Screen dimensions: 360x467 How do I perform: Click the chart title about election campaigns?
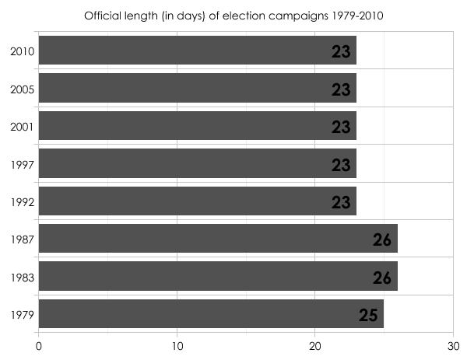pyautogui.click(x=233, y=16)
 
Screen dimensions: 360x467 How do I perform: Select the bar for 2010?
pyautogui.click(x=197, y=51)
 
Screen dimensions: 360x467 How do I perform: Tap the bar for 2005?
pyautogui.click(x=197, y=88)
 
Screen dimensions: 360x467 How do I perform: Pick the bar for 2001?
pyautogui.click(x=197, y=125)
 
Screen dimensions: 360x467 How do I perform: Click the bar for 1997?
pyautogui.click(x=197, y=163)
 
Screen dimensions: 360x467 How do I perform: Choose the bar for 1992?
pyautogui.click(x=197, y=201)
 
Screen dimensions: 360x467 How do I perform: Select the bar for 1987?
pyautogui.click(x=218, y=239)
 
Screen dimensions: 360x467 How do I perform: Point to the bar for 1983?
pyautogui.click(x=218, y=276)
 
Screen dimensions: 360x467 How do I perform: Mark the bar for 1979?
pyautogui.click(x=211, y=313)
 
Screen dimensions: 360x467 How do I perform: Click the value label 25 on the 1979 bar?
pyautogui.click(x=368, y=315)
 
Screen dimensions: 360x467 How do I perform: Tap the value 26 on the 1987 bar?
pyautogui.click(x=382, y=239)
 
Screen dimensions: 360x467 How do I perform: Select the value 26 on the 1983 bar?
pyautogui.click(x=382, y=278)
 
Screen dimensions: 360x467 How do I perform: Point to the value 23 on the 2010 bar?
pyautogui.click(x=341, y=52)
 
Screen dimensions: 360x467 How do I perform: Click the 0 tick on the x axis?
pyautogui.click(x=39, y=341)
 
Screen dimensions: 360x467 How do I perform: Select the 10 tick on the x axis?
pyautogui.click(x=177, y=341)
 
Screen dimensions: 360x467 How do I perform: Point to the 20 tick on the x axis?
pyautogui.click(x=314, y=341)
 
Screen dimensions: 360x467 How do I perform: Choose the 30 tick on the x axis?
pyautogui.click(x=452, y=341)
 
